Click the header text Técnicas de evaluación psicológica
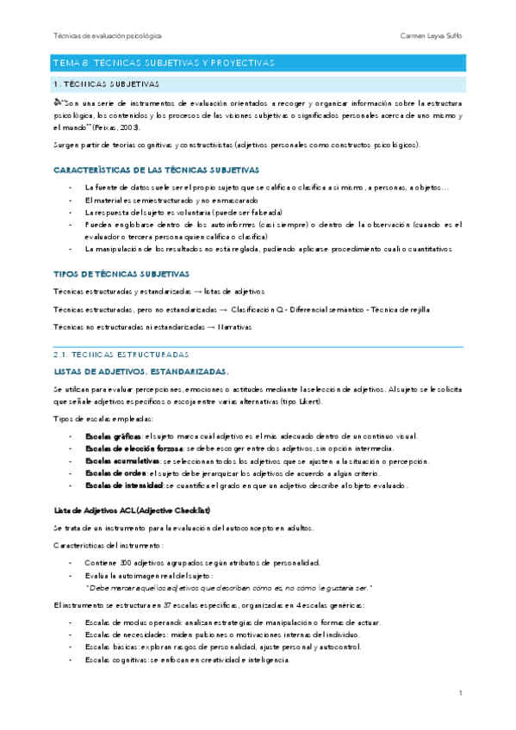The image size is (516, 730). [x=108, y=36]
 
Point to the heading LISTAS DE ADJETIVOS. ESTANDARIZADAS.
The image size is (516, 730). [x=141, y=372]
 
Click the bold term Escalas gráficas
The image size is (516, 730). [x=113, y=436]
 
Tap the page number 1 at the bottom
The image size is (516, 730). [x=461, y=693]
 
